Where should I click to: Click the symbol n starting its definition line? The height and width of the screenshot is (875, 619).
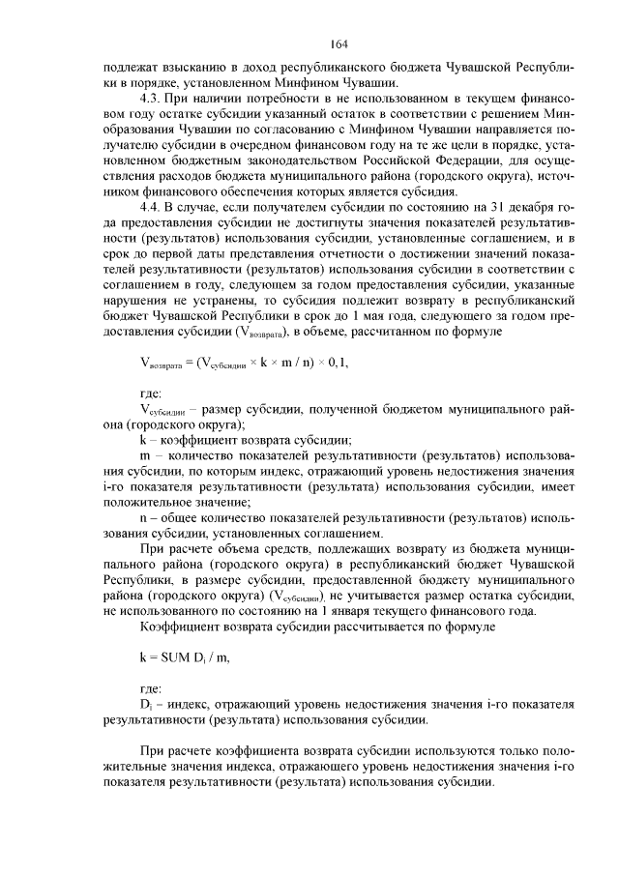coord(144,516)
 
